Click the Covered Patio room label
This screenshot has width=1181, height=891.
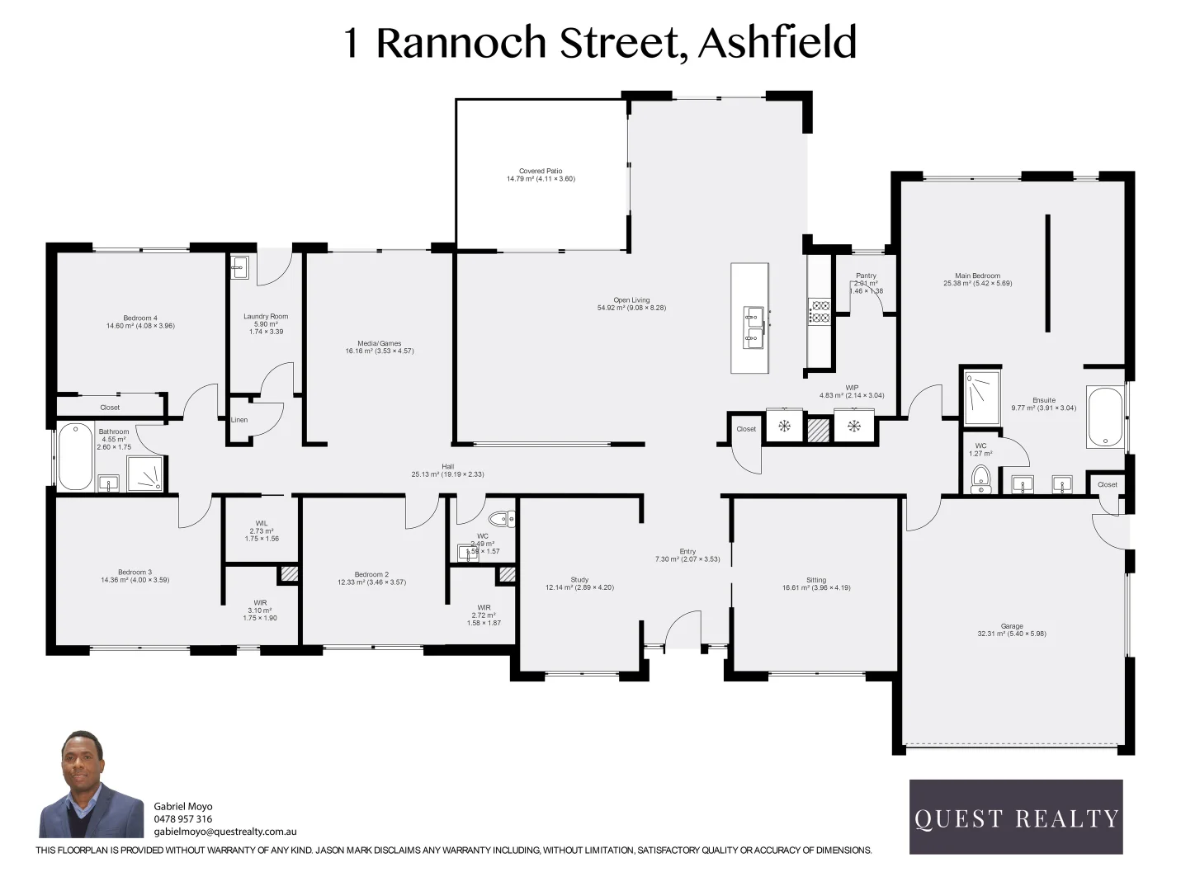pyautogui.click(x=541, y=175)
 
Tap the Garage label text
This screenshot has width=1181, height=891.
pyautogui.click(x=1012, y=629)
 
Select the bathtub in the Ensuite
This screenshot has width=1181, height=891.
pyautogui.click(x=1104, y=417)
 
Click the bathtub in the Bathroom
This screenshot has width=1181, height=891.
pyautogui.click(x=75, y=456)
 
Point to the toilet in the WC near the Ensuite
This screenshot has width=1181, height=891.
pyautogui.click(x=980, y=478)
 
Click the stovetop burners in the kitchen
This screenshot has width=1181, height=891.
pyautogui.click(x=820, y=311)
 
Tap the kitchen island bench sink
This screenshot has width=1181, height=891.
pyautogui.click(x=753, y=326)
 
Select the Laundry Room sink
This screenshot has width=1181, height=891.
pyautogui.click(x=239, y=266)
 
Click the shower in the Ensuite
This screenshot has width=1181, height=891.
pyautogui.click(x=981, y=396)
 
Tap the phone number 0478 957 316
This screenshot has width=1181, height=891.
pyautogui.click(x=183, y=819)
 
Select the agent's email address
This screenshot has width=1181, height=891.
pyautogui.click(x=225, y=832)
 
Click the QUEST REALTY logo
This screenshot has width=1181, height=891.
pyautogui.click(x=1016, y=817)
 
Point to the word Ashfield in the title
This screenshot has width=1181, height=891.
pyautogui.click(x=777, y=43)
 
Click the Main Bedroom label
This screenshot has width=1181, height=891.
pyautogui.click(x=977, y=280)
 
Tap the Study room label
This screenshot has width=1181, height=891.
pyautogui.click(x=579, y=583)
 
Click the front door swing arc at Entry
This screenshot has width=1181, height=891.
pyautogui.click(x=682, y=629)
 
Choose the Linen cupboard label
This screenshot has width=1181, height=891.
pyautogui.click(x=239, y=420)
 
